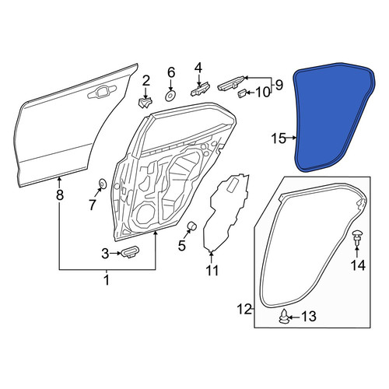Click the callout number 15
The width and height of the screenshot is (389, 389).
click(x=279, y=138)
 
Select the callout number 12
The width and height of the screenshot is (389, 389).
click(x=244, y=310)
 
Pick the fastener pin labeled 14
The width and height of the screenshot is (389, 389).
click(x=356, y=237)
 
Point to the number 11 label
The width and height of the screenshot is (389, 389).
click(x=212, y=271)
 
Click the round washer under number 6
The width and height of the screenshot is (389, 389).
click(x=170, y=96)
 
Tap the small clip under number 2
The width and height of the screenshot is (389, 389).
click(x=145, y=103)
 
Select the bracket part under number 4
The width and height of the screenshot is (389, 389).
click(x=200, y=89)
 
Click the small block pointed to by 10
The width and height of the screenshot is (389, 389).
click(x=242, y=93)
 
